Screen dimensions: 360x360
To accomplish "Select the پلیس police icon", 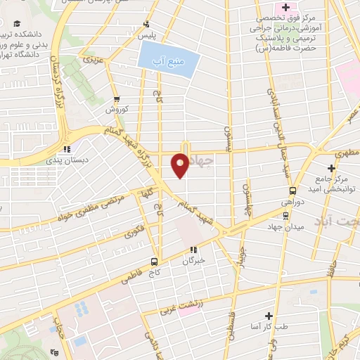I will (146, 23).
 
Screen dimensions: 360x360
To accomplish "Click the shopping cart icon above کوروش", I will (117, 98).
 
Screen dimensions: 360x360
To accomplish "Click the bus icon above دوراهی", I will (293, 190).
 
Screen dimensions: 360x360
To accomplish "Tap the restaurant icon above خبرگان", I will (193, 249).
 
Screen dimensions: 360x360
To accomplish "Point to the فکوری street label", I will (134, 229).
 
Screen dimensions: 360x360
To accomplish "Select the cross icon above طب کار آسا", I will (267, 316).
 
